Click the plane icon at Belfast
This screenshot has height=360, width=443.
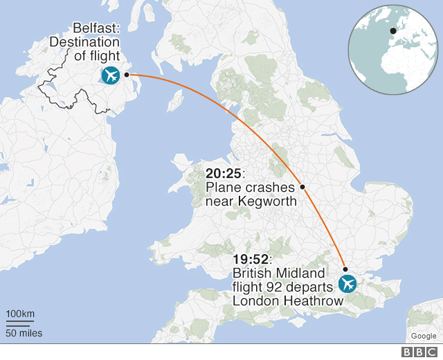[x=110, y=75]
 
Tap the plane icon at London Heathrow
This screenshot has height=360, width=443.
[x=347, y=283]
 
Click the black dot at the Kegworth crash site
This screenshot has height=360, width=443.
[x=302, y=187]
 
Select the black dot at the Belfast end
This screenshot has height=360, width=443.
[x=127, y=74]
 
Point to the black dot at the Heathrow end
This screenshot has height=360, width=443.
[x=345, y=269]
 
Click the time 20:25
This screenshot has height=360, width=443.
[x=221, y=173]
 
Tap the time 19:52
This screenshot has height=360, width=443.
[x=248, y=259]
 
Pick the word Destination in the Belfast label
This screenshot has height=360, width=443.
[x=84, y=43]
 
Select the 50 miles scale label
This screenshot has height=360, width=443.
[x=24, y=333]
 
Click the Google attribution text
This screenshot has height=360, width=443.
[x=423, y=336]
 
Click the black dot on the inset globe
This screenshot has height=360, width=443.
[x=393, y=30]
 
